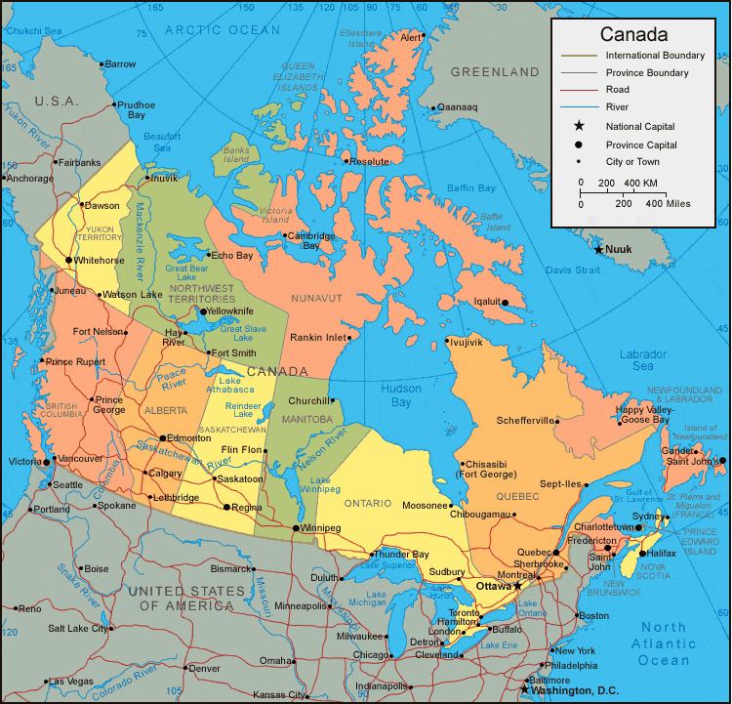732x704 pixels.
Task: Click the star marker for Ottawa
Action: (517, 586)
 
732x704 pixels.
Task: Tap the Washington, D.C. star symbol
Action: (524, 689)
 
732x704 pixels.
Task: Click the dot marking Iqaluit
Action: (505, 303)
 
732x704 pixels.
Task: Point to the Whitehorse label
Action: (98, 261)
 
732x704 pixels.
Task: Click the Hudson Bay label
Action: (395, 395)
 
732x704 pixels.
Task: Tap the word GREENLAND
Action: (495, 72)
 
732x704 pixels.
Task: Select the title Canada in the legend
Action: (633, 34)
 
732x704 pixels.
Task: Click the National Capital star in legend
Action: (579, 126)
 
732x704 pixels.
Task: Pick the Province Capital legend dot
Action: (579, 145)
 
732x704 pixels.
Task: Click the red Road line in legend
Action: (579, 90)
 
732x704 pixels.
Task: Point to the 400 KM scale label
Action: (640, 184)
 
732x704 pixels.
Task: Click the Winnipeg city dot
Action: (296, 527)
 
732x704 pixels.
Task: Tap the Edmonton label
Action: (188, 437)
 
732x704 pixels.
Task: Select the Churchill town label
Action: (308, 400)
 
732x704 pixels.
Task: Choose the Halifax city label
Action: (661, 554)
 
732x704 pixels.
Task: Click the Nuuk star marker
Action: (598, 250)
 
